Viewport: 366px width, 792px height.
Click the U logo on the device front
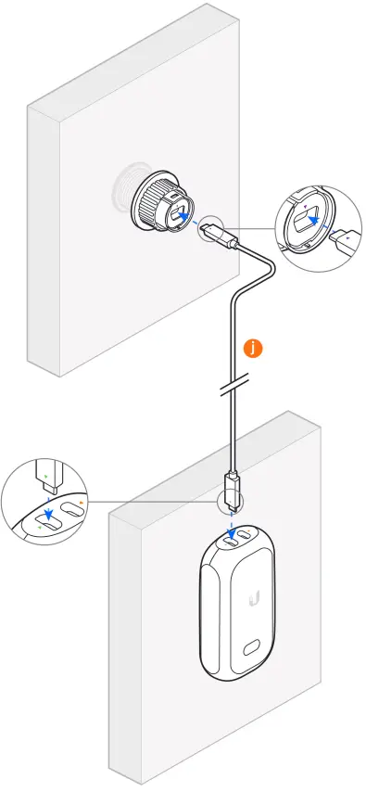pos(253,601)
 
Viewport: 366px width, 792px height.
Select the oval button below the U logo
pos(253,650)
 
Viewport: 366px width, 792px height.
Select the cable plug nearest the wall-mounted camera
pos(223,237)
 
